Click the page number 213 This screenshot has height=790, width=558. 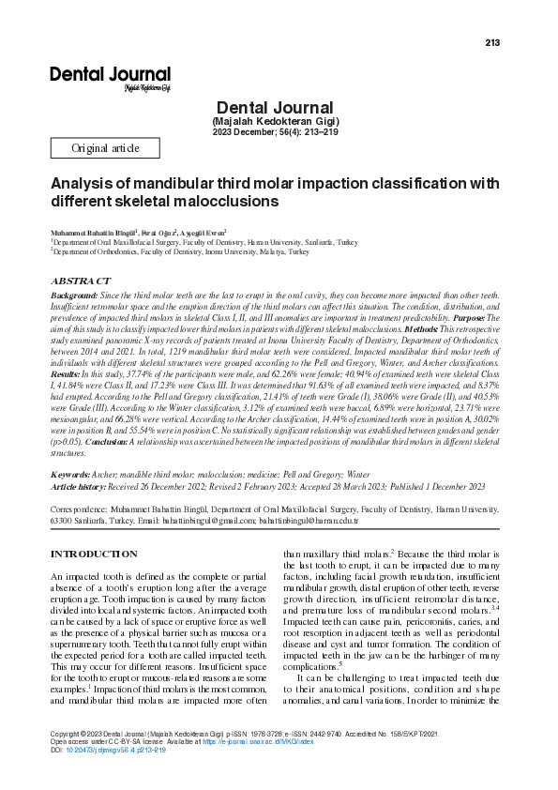(492, 42)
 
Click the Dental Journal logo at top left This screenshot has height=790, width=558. (110, 76)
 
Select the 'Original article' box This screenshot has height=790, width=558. (105, 148)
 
